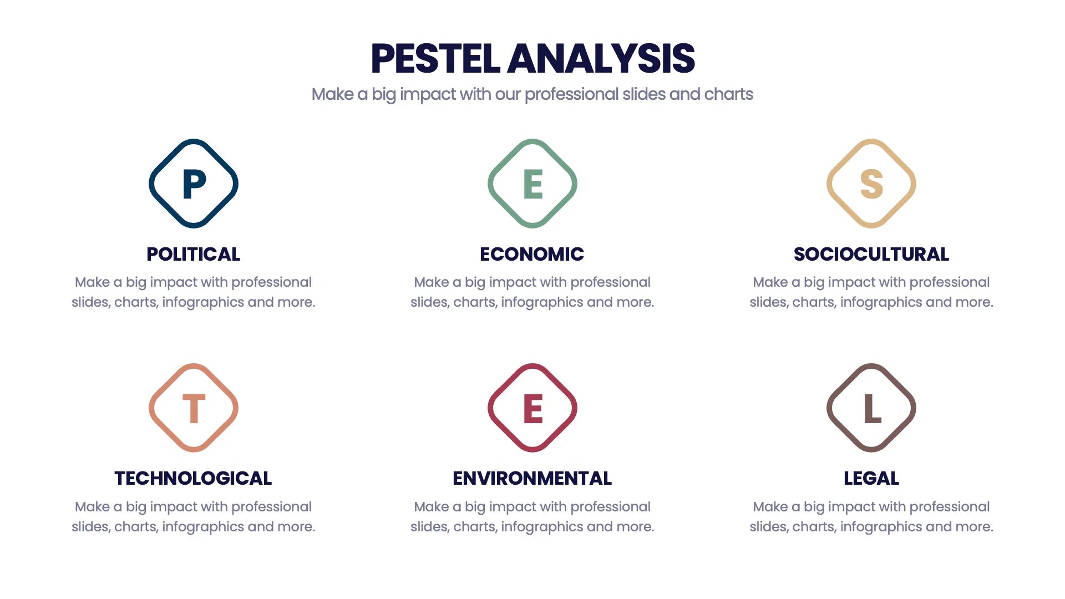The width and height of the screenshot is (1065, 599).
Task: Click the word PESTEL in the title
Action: click(435, 59)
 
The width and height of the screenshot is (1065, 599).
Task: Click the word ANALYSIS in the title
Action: click(601, 59)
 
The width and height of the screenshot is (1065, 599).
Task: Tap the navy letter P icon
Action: click(194, 184)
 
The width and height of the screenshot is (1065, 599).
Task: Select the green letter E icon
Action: click(532, 184)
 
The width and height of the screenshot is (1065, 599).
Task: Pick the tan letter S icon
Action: click(871, 184)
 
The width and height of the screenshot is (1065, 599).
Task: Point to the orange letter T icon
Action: click(194, 408)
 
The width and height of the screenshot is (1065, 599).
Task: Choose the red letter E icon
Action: click(532, 408)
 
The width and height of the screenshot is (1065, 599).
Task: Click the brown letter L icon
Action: click(871, 408)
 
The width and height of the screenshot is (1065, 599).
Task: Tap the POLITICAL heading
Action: click(194, 254)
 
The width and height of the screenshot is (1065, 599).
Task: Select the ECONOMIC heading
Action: click(532, 254)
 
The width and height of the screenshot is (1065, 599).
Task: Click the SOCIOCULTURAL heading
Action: click(871, 254)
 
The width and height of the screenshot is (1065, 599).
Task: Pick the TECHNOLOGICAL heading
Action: click(193, 478)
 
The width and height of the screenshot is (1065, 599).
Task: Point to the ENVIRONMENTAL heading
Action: click(532, 478)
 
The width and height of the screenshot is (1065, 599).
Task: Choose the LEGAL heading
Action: click(871, 478)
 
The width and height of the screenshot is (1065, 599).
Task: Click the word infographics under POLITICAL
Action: click(202, 302)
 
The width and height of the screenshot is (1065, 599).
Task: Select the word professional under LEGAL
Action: click(950, 507)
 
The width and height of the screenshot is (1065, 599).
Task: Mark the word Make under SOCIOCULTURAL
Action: click(769, 282)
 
